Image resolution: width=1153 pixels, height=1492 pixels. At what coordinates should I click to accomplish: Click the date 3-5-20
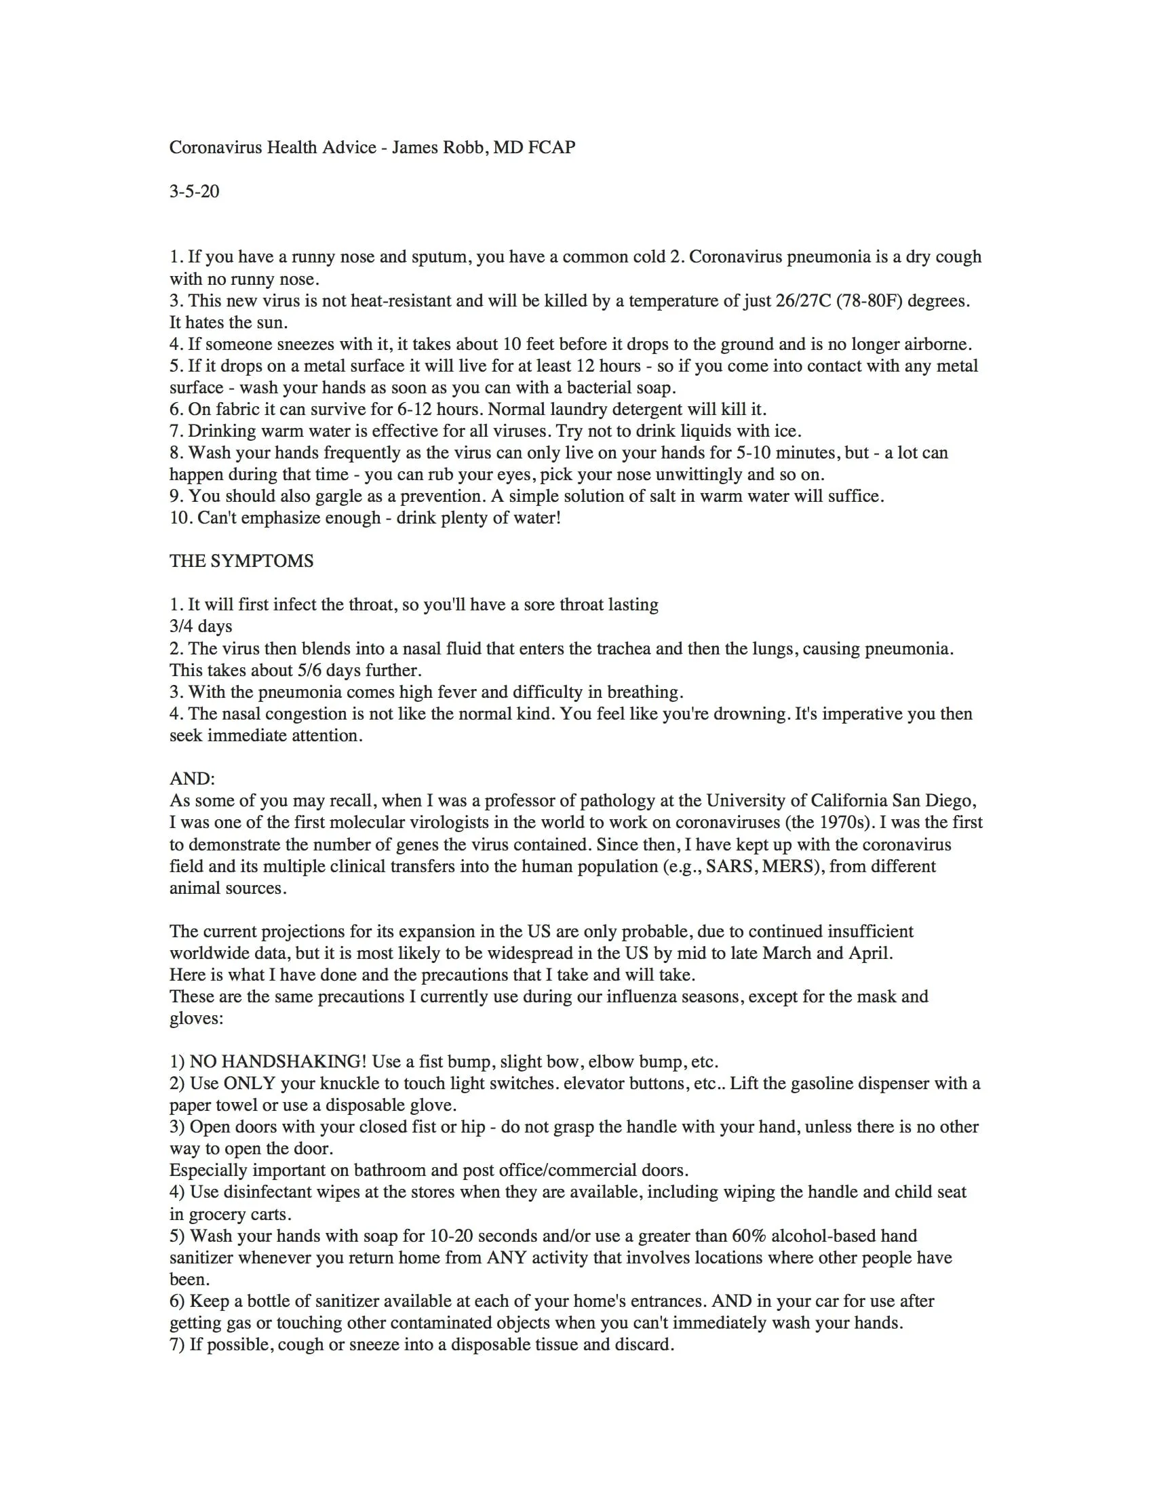194,191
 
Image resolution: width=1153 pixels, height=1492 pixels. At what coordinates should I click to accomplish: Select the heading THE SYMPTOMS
241,561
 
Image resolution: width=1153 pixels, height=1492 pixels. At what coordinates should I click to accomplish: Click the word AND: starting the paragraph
192,779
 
